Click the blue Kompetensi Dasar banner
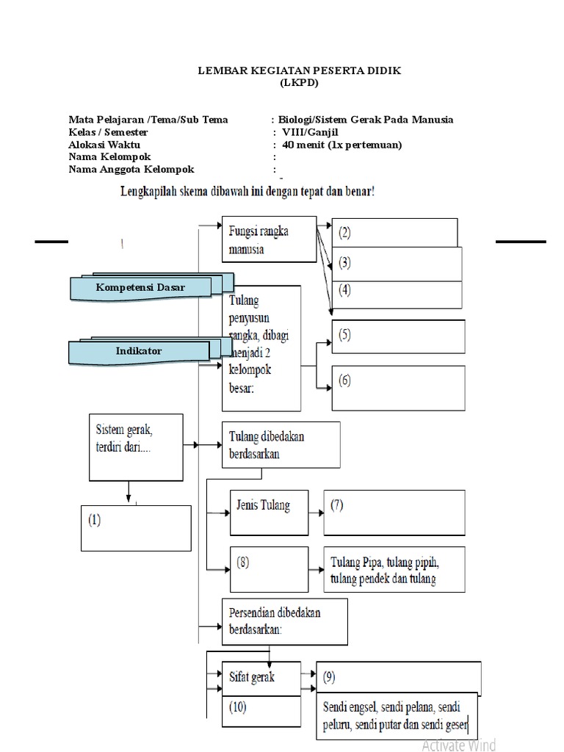pyautogui.click(x=140, y=288)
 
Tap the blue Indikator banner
pyautogui.click(x=139, y=352)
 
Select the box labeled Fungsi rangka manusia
pyautogui.click(x=269, y=239)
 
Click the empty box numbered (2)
pyautogui.click(x=394, y=233)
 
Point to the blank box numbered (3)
pyautogui.click(x=397, y=263)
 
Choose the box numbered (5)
pyautogui.click(x=398, y=336)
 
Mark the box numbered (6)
pyautogui.click(x=398, y=388)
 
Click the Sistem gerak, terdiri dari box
pyautogui.click(x=135, y=447)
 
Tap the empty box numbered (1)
pyautogui.click(x=136, y=527)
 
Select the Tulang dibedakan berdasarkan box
pyautogui.click(x=281, y=444)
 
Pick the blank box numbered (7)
pyautogui.click(x=394, y=511)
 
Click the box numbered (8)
pyautogui.click(x=269, y=569)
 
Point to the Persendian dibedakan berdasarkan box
pyautogui.click(x=284, y=620)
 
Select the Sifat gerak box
pyautogui.click(x=261, y=677)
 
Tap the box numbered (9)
pyautogui.click(x=399, y=677)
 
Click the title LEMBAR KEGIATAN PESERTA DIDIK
pyautogui.click(x=300, y=70)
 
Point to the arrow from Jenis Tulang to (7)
pyautogui.click(x=314, y=512)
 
